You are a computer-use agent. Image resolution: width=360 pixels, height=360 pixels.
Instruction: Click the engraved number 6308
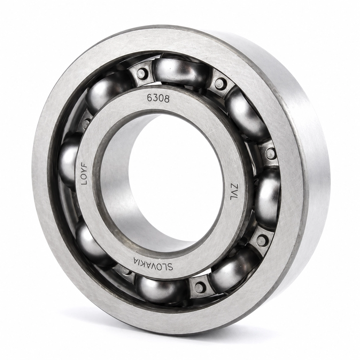(158, 98)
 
